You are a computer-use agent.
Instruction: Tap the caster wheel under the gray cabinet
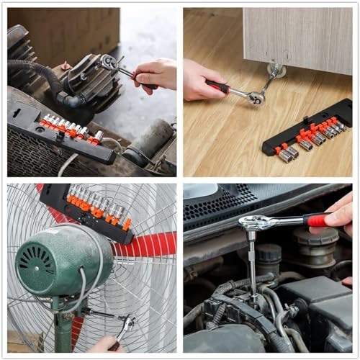coord(275,70)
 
